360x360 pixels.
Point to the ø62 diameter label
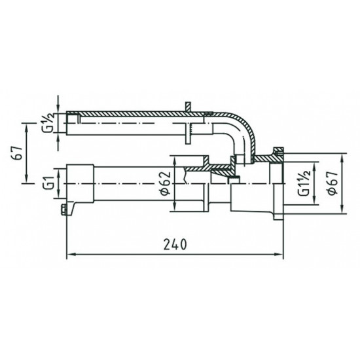[165, 185]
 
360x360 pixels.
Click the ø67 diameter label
[333, 185]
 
